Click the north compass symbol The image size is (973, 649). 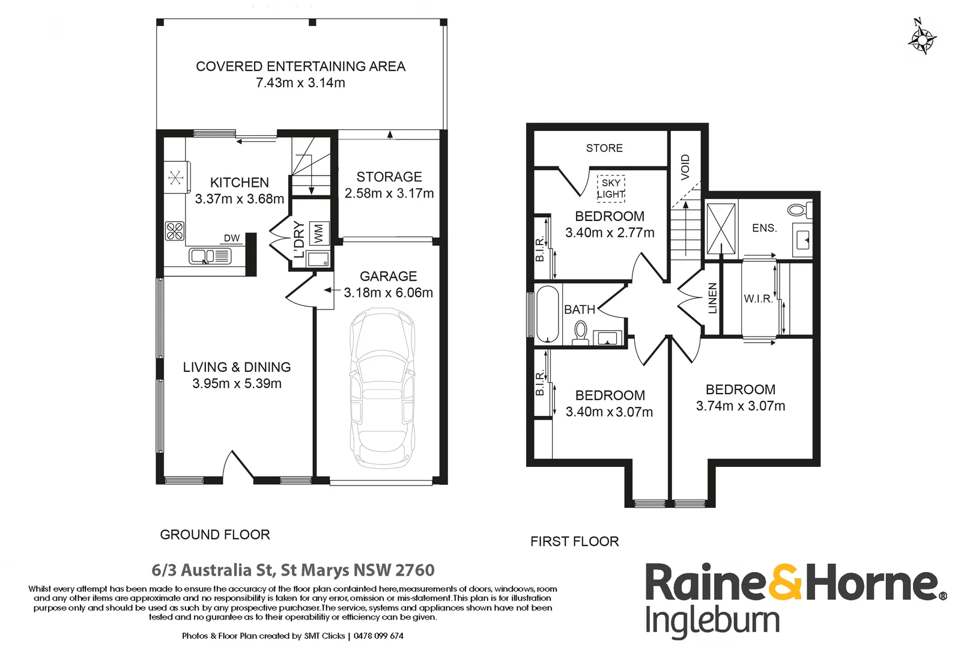[x=921, y=39]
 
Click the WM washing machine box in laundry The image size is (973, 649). [x=318, y=233]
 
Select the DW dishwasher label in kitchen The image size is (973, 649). [x=232, y=239]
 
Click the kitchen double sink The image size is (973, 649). [x=210, y=257]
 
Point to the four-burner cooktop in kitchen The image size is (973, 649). [x=175, y=231]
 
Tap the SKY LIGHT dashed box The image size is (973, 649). [x=611, y=189]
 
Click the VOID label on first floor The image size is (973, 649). [x=685, y=166]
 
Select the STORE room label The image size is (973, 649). [x=604, y=148]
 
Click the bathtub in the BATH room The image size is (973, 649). [x=547, y=314]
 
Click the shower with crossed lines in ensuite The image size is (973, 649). [x=721, y=229]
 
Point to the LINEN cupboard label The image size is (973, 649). [x=712, y=298]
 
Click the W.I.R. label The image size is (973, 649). [x=758, y=299]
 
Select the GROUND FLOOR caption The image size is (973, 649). [x=215, y=535]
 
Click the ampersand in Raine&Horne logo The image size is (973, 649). [x=785, y=582]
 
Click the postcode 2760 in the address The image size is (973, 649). [x=415, y=570]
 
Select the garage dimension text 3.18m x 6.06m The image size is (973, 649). [x=388, y=293]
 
